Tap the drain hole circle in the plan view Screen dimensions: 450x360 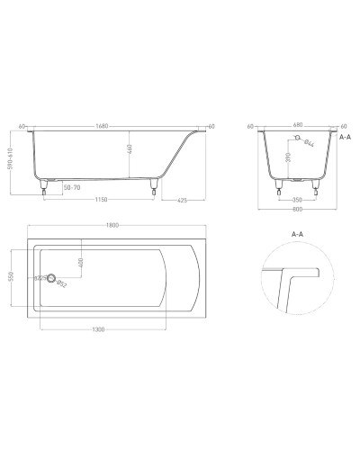tap(52, 279)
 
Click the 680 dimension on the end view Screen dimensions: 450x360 tap(298, 126)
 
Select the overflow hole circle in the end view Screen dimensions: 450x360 tap(294, 140)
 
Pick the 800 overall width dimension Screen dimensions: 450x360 tap(298, 211)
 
